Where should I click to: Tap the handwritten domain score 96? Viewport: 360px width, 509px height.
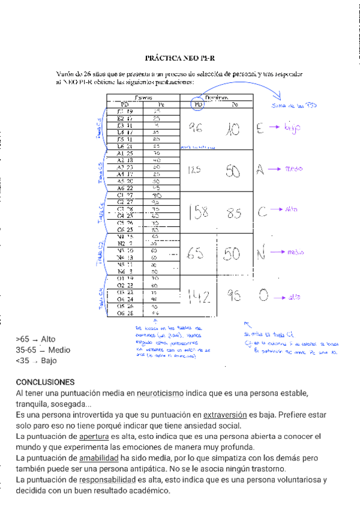pos(195,127)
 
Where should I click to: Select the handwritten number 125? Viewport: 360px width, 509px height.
pos(193,170)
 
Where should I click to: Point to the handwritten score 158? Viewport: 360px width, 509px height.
pos(197,212)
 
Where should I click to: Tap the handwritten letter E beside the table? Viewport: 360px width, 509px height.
pos(260,128)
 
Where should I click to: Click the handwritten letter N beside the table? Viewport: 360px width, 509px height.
pos(261,254)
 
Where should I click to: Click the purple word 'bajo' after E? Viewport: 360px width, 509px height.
pos(292,127)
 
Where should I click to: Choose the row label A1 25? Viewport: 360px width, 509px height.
pos(125,154)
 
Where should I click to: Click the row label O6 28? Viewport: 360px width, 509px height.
pos(125,313)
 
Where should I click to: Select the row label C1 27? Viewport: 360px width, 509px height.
pos(125,195)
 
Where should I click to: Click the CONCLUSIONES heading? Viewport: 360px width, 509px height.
pos(45,382)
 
